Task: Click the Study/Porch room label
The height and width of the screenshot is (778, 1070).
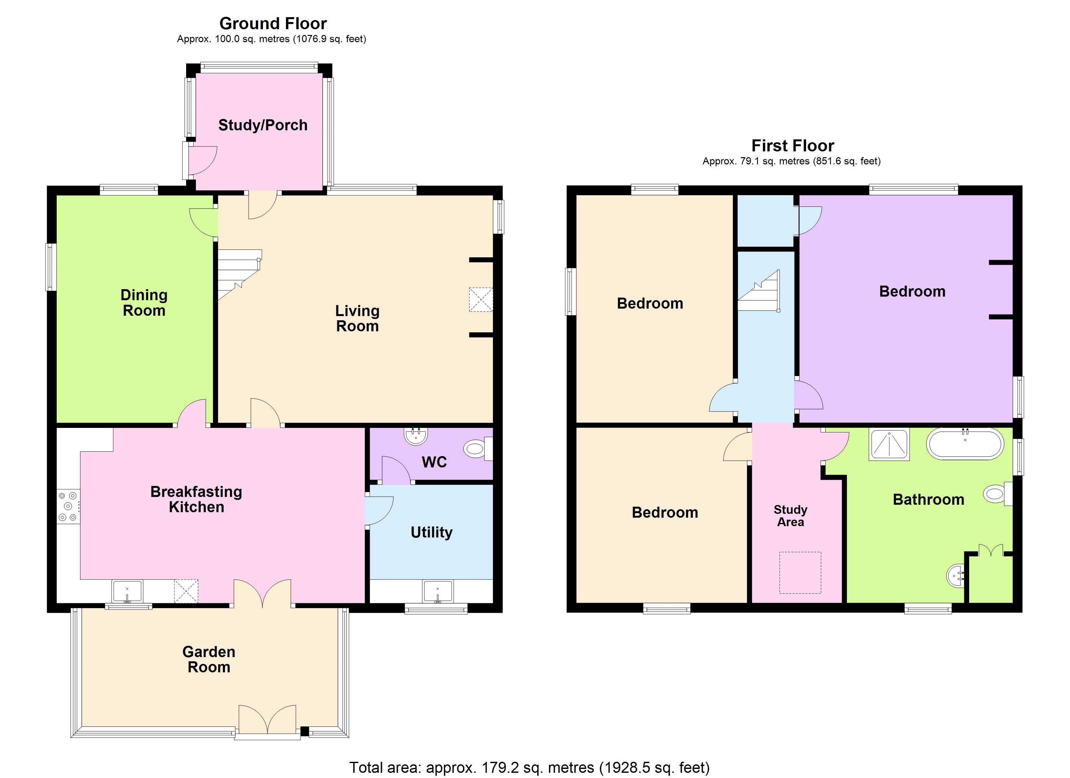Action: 263,125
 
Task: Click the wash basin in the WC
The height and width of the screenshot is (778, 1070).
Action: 416,436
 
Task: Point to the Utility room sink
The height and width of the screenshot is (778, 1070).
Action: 438,592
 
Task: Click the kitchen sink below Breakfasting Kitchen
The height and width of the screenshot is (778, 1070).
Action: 127,592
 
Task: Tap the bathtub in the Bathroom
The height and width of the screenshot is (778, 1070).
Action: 965,443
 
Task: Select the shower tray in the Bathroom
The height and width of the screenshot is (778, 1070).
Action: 889,444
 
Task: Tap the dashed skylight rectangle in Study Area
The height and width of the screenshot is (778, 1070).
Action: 800,572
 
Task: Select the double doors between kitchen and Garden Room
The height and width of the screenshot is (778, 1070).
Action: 262,594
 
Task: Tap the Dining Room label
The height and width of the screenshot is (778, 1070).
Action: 144,302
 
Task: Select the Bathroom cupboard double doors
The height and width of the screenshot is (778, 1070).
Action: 990,551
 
